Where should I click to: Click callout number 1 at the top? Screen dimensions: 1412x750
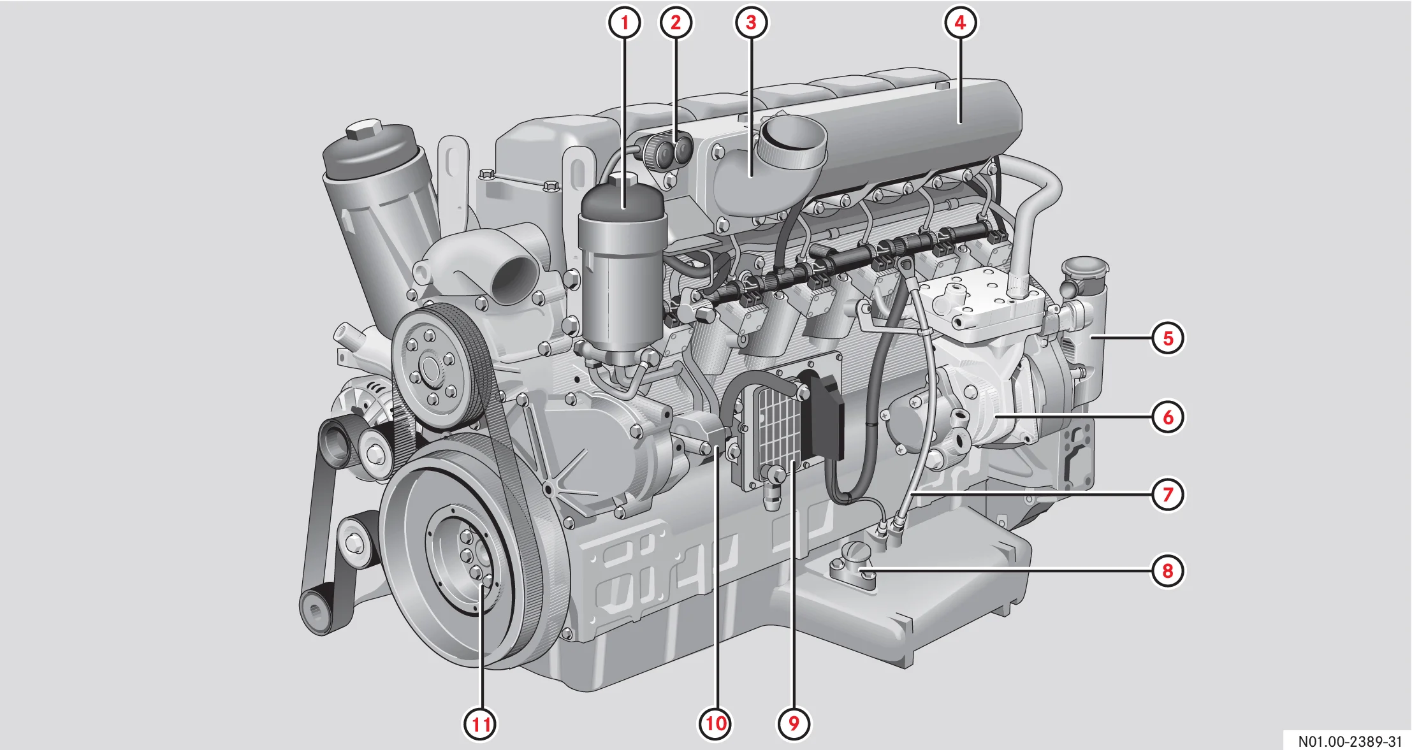pos(624,23)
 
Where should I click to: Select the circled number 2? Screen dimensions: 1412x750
pos(676,23)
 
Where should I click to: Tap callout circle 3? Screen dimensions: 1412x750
pos(751,23)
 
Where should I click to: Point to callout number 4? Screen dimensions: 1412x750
pos(960,23)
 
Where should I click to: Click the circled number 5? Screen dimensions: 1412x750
pos(1168,338)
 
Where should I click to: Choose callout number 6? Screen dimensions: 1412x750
pos(1168,417)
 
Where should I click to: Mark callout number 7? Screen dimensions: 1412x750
pos(1168,494)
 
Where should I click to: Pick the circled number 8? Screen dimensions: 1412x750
pos(1168,570)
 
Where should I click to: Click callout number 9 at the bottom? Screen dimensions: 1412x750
pos(794,724)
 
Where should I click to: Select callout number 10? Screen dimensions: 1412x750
pos(715,724)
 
